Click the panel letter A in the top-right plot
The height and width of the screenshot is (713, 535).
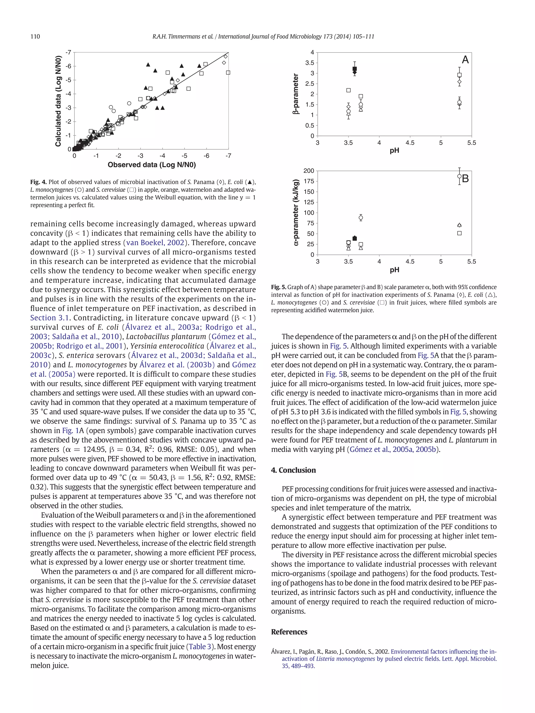(465, 60)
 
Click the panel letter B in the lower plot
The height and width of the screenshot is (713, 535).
(465, 179)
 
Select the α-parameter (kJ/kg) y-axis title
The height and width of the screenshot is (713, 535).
(296, 213)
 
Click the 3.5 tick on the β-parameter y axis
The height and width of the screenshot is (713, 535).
(310, 63)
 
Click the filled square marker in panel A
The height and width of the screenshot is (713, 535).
(355, 69)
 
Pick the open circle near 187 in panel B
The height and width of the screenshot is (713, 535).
(460, 176)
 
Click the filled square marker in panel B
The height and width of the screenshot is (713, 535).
(355, 238)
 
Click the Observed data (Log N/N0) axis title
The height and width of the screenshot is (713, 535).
(152, 165)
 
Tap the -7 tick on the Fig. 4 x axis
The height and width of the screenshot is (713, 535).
(228, 156)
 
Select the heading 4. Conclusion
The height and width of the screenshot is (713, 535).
(293, 470)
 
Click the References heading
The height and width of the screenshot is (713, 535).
(289, 632)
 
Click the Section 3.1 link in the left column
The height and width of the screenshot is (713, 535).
(50, 318)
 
